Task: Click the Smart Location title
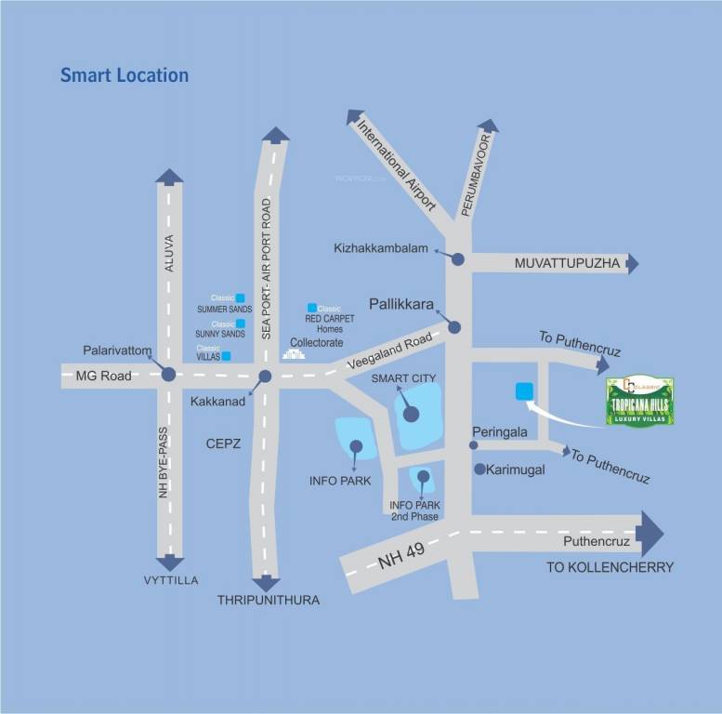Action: click(x=125, y=75)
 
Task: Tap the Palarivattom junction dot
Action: click(x=168, y=375)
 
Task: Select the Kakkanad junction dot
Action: click(x=265, y=377)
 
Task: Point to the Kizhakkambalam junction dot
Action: click(x=458, y=259)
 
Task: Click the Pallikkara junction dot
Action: click(x=454, y=326)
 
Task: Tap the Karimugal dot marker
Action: click(x=479, y=469)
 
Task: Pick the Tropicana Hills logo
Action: click(x=639, y=402)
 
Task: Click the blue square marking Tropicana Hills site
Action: click(x=524, y=391)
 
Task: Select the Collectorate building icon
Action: click(x=294, y=354)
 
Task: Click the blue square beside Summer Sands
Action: click(x=240, y=297)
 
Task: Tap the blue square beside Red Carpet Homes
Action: click(x=312, y=308)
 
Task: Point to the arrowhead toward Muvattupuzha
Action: click(x=633, y=264)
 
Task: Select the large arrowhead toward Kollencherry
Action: click(x=651, y=534)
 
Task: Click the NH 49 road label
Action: click(x=400, y=556)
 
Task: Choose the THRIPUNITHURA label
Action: click(x=268, y=601)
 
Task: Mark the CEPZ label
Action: click(x=223, y=444)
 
